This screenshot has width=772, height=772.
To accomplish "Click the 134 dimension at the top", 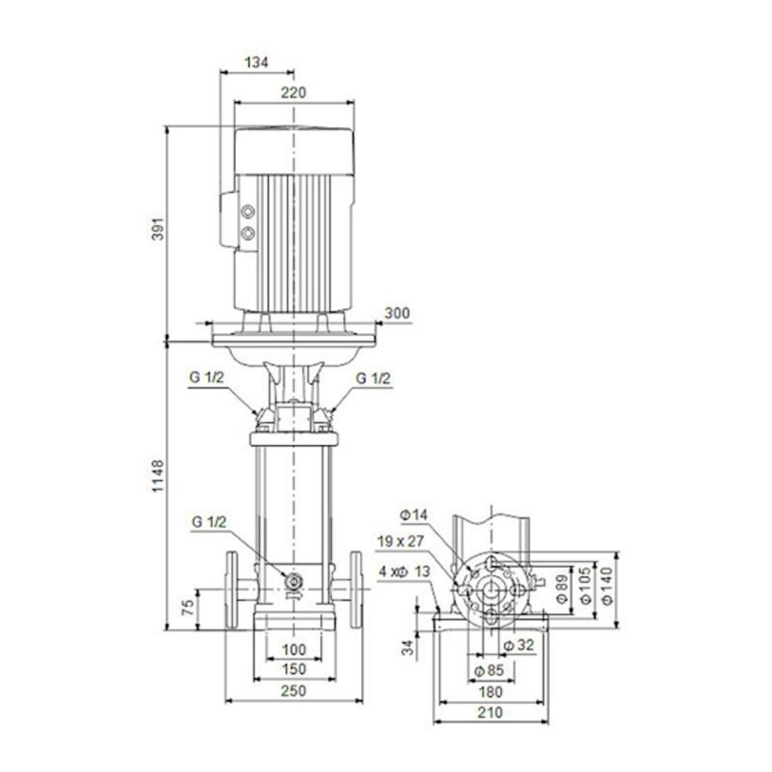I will coord(256,62).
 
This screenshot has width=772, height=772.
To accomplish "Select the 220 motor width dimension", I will coord(293,92).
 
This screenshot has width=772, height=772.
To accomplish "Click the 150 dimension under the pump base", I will coord(293,669).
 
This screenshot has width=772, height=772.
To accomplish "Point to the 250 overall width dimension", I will coord(293,690).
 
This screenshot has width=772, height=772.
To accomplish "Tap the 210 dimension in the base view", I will coord(490,712).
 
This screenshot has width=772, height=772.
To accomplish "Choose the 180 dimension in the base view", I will coord(490,691).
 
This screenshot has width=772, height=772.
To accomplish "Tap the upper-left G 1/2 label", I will coord(206,378).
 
